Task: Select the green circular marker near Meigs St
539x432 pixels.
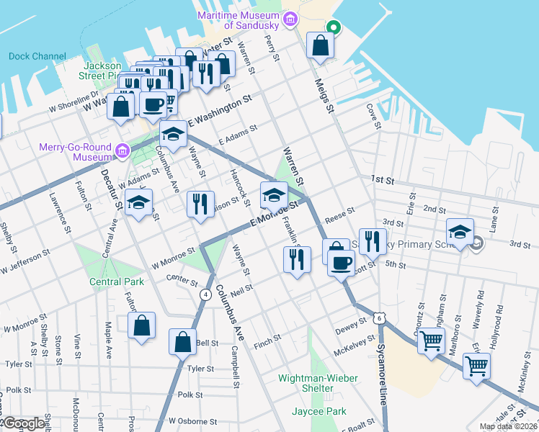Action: (332, 28)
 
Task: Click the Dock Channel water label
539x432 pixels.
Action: (37, 56)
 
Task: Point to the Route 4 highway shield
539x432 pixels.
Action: (205, 294)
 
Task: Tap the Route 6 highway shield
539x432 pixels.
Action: (379, 318)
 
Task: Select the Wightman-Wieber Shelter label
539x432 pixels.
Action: (316, 382)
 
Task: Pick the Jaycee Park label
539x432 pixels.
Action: (318, 411)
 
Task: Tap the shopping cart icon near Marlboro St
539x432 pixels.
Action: (431, 340)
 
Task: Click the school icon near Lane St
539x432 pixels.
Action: (459, 230)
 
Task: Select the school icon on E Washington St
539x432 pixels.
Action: (172, 134)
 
